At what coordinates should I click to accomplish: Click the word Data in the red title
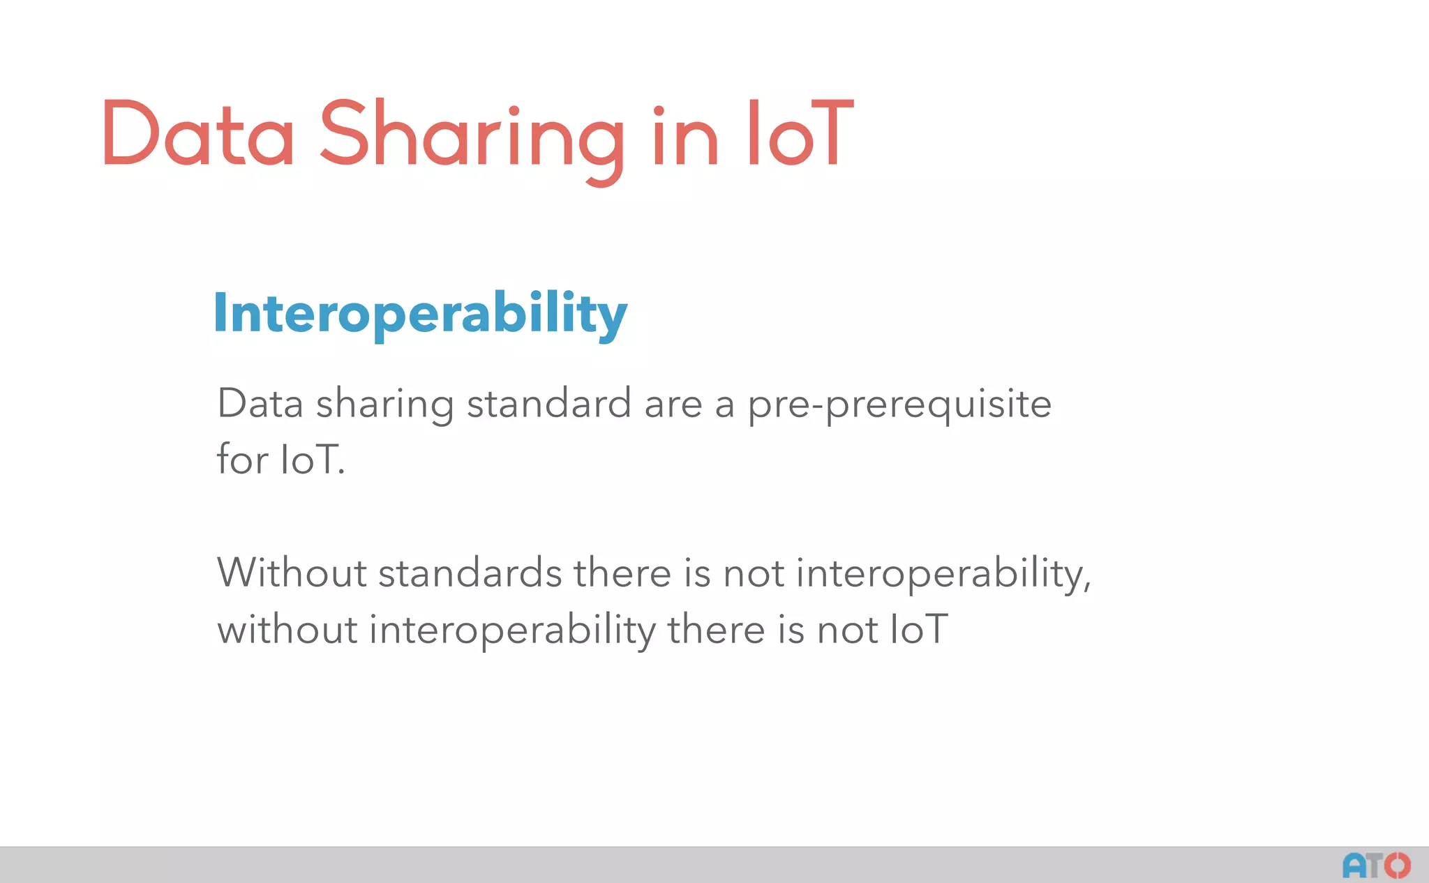[197, 133]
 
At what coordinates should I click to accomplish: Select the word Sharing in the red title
[472, 136]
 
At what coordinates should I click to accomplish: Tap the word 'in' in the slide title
[685, 136]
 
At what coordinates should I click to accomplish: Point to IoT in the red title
[800, 133]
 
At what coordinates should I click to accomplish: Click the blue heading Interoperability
[420, 315]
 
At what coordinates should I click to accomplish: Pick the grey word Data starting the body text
[260, 404]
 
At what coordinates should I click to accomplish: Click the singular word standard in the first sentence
[549, 404]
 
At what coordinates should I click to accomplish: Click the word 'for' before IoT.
[242, 460]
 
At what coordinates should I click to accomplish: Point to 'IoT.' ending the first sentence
[312, 460]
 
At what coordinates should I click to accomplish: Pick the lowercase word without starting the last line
[287, 629]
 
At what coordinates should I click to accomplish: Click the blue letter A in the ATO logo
[1355, 866]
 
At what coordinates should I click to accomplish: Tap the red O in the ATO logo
[1398, 866]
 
